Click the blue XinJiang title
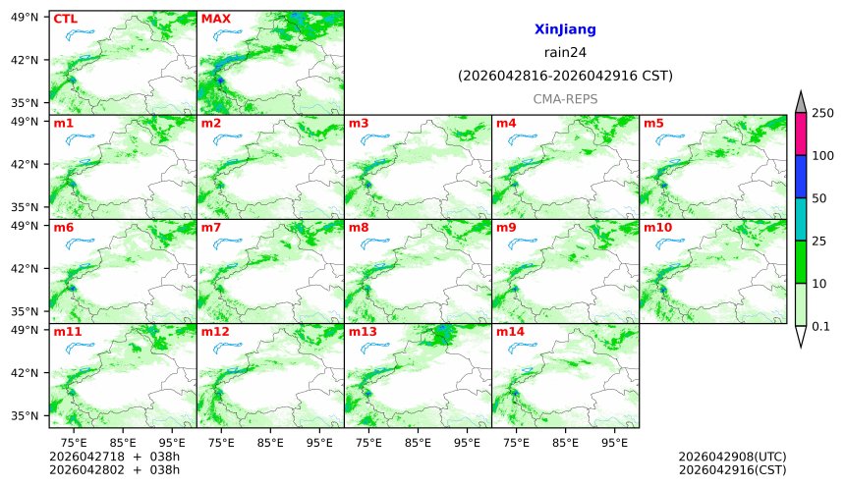coord(565,30)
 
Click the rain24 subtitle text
coord(565,53)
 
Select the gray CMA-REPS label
coord(565,99)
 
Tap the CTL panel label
coord(65,19)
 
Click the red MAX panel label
coord(215,19)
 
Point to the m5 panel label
coord(653,124)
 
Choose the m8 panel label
coord(359,228)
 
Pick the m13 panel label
coord(362,332)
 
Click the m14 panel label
coord(509,332)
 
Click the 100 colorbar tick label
coord(823,156)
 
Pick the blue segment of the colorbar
coord(801,177)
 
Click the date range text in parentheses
coord(565,76)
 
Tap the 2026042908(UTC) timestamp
coord(732,457)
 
